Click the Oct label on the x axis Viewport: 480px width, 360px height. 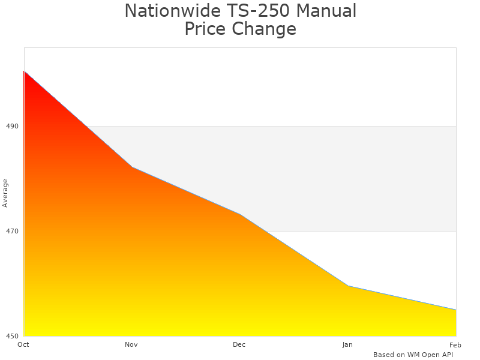click(23, 344)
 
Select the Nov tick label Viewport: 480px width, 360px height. click(131, 344)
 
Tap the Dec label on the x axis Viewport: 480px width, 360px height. click(239, 344)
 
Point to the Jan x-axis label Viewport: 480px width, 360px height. click(347, 344)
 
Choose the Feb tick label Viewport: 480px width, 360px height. click(455, 344)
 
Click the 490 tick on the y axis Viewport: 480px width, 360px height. click(12, 126)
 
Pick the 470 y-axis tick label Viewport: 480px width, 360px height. click(12, 231)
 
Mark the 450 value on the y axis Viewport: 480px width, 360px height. click(12, 336)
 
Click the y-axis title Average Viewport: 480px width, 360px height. click(5, 193)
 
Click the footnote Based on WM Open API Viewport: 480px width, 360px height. click(413, 355)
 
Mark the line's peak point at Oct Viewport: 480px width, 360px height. click(24, 71)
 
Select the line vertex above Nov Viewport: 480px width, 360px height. click(132, 167)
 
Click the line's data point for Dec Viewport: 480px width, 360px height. click(240, 214)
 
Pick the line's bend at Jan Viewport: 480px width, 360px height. click(348, 286)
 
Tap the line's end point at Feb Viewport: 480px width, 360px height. click(456, 310)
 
